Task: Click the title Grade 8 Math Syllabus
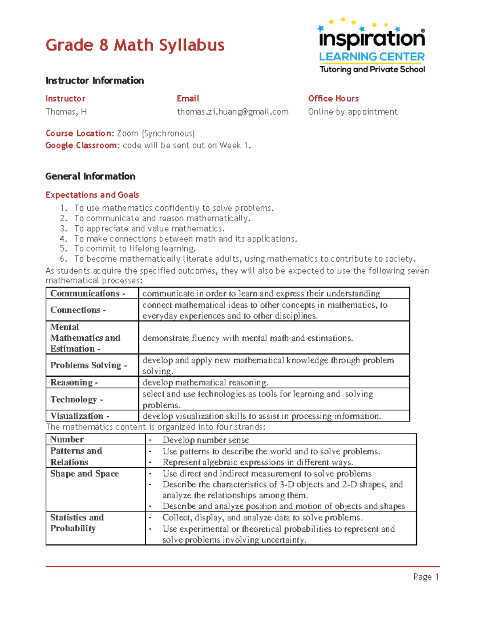(135, 45)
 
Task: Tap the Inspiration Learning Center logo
(371, 46)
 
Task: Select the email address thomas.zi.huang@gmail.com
(232, 112)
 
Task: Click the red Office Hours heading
(333, 99)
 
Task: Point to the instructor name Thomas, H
(66, 112)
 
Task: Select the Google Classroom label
(82, 145)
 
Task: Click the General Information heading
(90, 176)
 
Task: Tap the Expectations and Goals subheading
(92, 195)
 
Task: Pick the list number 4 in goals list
(63, 239)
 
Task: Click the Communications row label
(88, 294)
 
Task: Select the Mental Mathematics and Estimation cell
(85, 338)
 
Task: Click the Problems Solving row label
(89, 365)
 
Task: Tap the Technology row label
(76, 399)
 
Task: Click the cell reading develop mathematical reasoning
(205, 382)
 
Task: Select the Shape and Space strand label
(84, 474)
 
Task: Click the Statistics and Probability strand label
(77, 523)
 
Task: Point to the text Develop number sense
(205, 440)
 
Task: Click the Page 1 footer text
(426, 577)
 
